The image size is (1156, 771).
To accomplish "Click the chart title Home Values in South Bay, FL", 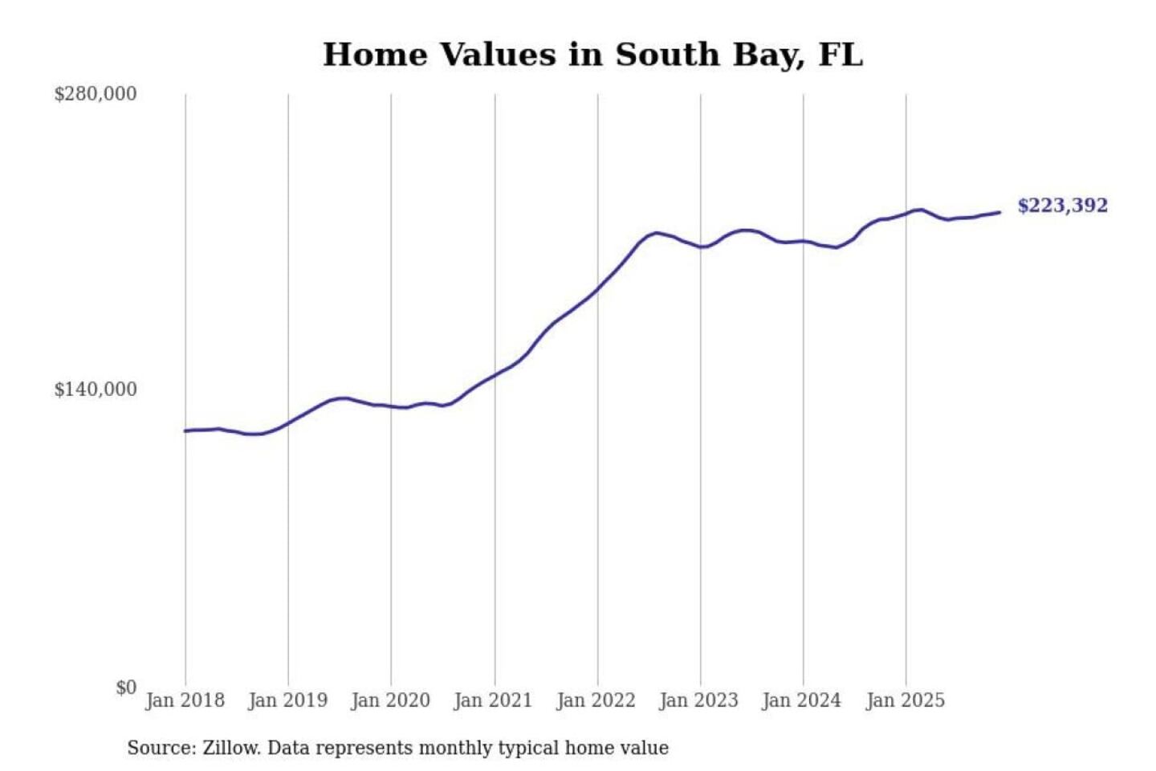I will pyautogui.click(x=592, y=55).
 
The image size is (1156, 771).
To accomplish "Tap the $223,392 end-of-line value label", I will pyautogui.click(x=1062, y=206).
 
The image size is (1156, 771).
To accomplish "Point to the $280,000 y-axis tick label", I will pyautogui.click(x=96, y=94).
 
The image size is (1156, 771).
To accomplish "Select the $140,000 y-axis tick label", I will pyautogui.click(x=96, y=390).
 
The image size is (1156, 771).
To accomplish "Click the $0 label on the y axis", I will pyautogui.click(x=126, y=687).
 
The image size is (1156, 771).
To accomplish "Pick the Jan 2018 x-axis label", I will pyautogui.click(x=185, y=700).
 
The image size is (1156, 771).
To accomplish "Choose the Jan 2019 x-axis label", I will pyautogui.click(x=287, y=700).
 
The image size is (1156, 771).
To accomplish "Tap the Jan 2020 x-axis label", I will pyautogui.click(x=390, y=700).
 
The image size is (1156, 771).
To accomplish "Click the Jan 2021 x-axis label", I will pyautogui.click(x=493, y=700).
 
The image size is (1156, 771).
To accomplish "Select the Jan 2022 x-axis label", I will pyautogui.click(x=596, y=700).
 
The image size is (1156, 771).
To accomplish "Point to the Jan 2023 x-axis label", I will pyautogui.click(x=698, y=700).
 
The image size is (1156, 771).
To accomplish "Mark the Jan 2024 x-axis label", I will pyautogui.click(x=801, y=700).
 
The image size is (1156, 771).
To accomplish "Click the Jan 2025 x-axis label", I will pyautogui.click(x=905, y=700).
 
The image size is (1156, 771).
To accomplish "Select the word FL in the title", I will pyautogui.click(x=841, y=55).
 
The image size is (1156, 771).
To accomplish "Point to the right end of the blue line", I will pyautogui.click(x=999, y=212).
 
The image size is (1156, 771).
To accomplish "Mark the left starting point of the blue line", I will pyautogui.click(x=185, y=431).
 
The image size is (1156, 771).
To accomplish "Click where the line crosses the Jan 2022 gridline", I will pyautogui.click(x=597, y=289).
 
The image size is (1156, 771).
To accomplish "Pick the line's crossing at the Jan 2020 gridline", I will pyautogui.click(x=391, y=406).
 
